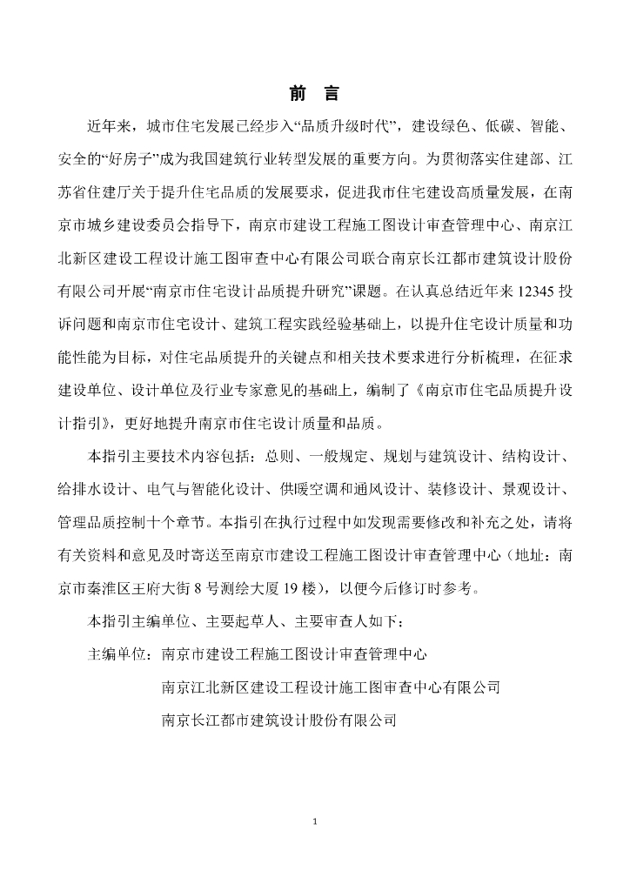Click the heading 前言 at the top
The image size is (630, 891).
(314, 94)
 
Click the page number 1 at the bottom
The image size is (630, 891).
(315, 821)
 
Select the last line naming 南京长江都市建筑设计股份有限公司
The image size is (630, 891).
(279, 719)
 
